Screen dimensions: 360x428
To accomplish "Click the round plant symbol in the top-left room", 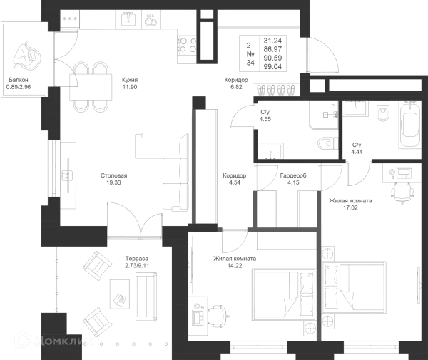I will (x=27, y=56).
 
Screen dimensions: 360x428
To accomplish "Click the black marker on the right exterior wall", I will (x=415, y=284).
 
